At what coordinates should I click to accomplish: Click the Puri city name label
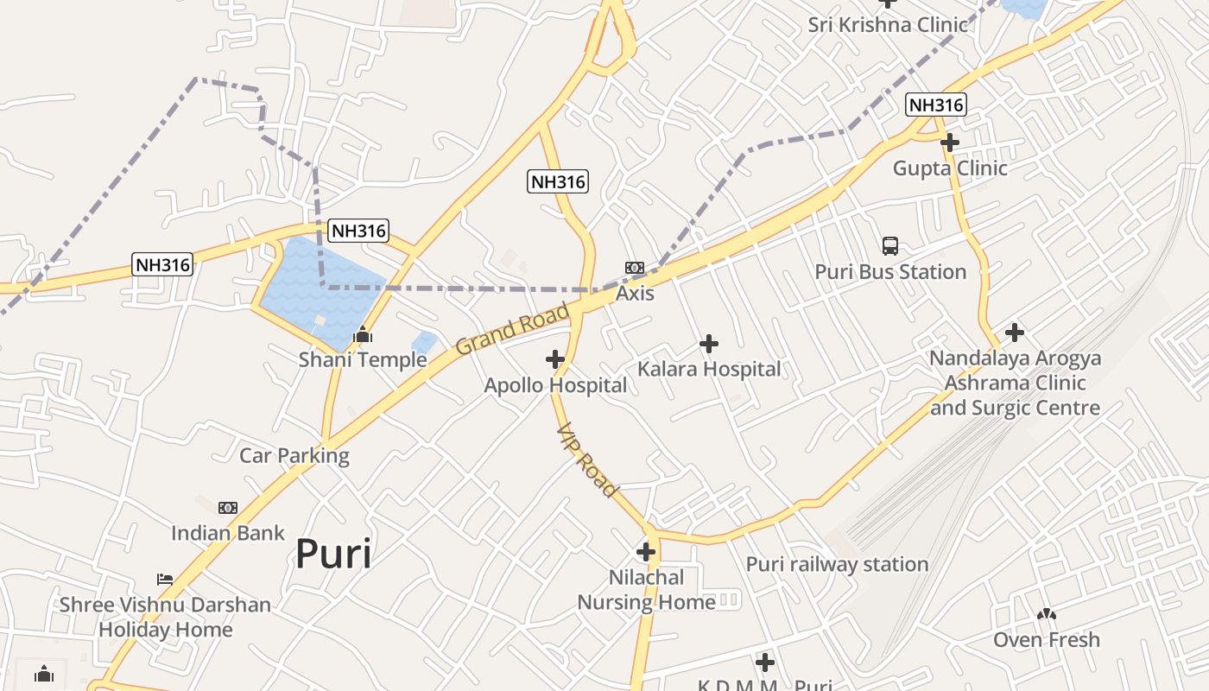click(333, 554)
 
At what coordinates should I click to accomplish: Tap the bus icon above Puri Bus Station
click(890, 246)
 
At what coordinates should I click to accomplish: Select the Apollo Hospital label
click(555, 385)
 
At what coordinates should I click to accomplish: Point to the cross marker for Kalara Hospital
click(709, 344)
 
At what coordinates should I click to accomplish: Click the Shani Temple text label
click(363, 359)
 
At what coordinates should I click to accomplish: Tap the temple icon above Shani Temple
click(363, 333)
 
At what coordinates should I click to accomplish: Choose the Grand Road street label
click(512, 328)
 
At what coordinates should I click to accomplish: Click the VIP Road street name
click(588, 460)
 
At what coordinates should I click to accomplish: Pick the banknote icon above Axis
click(635, 268)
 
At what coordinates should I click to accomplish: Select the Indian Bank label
click(228, 533)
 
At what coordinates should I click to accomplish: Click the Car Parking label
click(294, 455)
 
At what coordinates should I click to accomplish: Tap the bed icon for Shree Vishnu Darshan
click(165, 579)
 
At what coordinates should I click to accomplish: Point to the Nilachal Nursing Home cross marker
click(646, 551)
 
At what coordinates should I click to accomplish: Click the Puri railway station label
click(837, 564)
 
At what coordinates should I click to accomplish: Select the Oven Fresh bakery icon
click(1047, 614)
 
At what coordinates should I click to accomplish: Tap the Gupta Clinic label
click(950, 168)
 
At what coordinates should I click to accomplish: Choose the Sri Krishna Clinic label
click(888, 24)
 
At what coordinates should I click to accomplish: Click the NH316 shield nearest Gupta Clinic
click(936, 105)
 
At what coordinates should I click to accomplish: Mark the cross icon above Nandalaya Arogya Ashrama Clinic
click(1015, 332)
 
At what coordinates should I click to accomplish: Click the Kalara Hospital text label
click(709, 370)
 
